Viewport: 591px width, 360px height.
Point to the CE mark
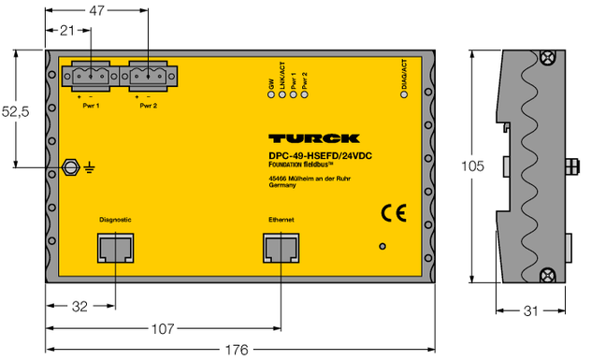[392, 212]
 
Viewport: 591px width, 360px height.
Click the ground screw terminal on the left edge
[69, 168]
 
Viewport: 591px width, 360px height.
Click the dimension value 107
[163, 328]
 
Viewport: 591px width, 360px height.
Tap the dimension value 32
[80, 306]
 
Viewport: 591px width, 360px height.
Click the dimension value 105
[474, 166]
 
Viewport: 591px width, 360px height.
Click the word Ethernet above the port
[279, 220]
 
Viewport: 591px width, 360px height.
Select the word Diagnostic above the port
[114, 220]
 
